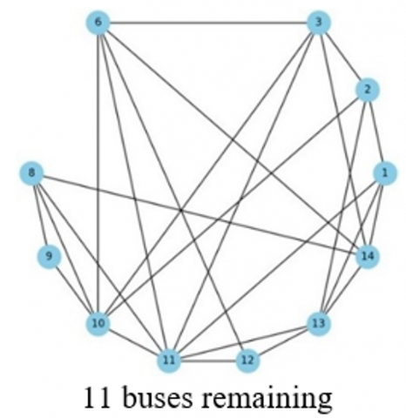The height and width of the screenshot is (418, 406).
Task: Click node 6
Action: [x=98, y=22]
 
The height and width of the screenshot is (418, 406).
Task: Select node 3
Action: [x=319, y=22]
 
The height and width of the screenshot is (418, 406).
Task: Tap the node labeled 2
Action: [x=368, y=90]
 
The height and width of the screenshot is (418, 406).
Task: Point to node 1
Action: [x=384, y=173]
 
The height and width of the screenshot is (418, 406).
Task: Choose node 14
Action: [x=368, y=256]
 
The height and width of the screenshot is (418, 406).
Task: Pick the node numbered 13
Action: [x=319, y=323]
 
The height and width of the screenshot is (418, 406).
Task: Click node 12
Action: [x=247, y=361]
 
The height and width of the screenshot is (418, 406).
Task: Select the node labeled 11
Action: [x=169, y=361]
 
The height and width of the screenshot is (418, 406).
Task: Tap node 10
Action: [x=98, y=323]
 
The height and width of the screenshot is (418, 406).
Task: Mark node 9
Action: [x=49, y=256]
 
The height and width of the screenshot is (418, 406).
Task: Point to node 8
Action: [x=31, y=173]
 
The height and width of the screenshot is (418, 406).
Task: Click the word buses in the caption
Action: [x=159, y=398]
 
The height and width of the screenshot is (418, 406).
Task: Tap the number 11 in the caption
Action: [x=97, y=397]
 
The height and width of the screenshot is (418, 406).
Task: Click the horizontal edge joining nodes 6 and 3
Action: [x=208, y=22]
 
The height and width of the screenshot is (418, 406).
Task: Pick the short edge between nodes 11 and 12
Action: [x=208, y=361]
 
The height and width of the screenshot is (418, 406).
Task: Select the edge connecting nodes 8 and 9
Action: [x=40, y=215]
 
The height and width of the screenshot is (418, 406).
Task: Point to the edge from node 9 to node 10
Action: [x=74, y=290]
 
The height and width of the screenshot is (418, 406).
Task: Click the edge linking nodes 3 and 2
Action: [x=343, y=56]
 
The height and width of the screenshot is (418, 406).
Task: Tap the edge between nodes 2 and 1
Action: [x=376, y=131]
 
